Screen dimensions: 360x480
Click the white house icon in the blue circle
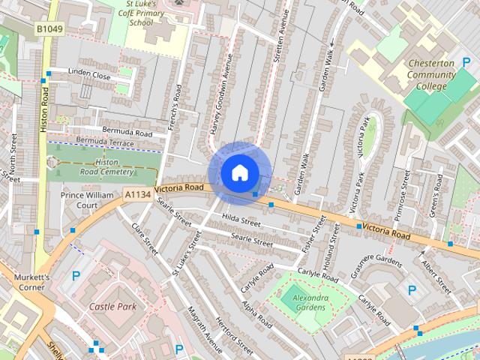coord(238,172)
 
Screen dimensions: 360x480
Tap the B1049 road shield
coord(48,29)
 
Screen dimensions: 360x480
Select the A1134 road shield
coord(137,194)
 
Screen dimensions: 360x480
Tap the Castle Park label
coord(112,306)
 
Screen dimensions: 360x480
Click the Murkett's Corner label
coord(31,281)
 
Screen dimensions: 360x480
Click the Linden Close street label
coord(89,75)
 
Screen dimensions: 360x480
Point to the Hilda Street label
coord(241,222)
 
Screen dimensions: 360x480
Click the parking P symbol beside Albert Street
coord(411,289)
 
